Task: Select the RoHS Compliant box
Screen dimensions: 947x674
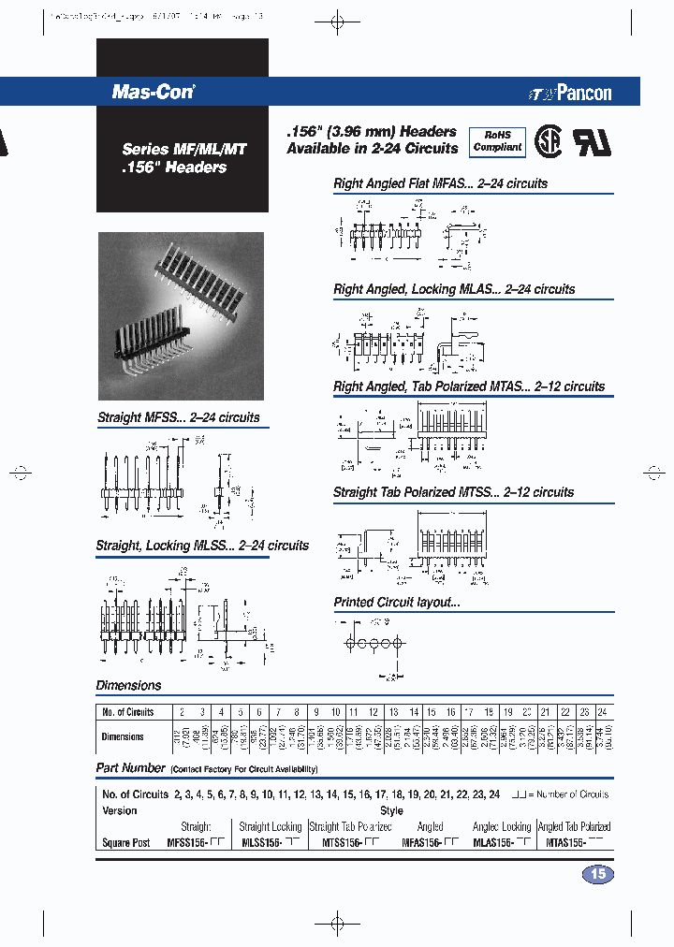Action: (497, 141)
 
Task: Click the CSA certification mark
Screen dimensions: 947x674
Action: (549, 140)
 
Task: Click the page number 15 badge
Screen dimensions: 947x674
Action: (598, 874)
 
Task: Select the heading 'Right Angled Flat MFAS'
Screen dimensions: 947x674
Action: (440, 183)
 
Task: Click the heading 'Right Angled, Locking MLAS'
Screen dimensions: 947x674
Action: (454, 289)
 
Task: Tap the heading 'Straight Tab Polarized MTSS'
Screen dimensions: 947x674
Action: (453, 491)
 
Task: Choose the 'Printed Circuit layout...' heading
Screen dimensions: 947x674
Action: (397, 602)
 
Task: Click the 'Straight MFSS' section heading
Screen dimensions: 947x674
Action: (179, 417)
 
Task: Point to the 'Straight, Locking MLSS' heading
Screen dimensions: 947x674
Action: (202, 545)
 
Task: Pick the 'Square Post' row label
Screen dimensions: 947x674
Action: (125, 842)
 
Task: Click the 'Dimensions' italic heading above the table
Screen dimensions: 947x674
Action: (128, 685)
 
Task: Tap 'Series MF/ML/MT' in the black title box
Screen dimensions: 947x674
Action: (174, 149)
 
